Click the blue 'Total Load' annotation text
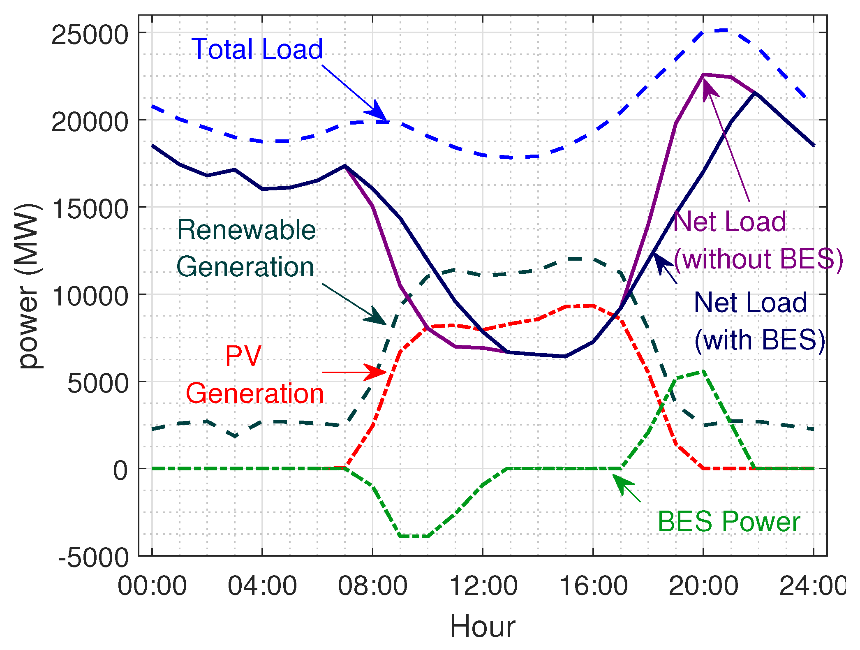257,49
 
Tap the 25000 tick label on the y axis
90,35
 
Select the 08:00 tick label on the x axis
372,585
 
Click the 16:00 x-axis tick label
593,585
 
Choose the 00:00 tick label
152,585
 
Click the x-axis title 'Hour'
483,627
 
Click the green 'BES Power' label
728,522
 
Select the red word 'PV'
243,356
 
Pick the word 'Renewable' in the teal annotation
246,230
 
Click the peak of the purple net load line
704,75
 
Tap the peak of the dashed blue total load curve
726,30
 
